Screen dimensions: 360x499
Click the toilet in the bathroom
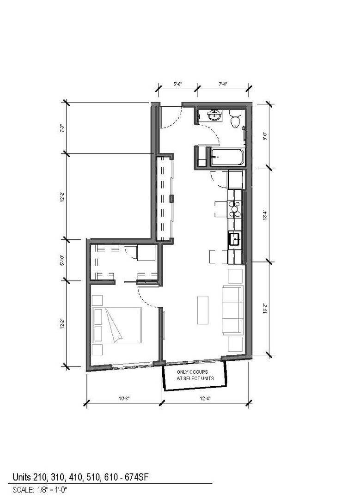pyautogui.click(x=235, y=119)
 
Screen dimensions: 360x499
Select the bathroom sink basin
pyautogui.click(x=215, y=116)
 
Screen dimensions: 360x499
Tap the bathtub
pyautogui.click(x=227, y=157)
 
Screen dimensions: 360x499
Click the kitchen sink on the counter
pyautogui.click(x=235, y=239)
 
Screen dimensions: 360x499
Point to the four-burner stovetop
pyautogui.click(x=235, y=209)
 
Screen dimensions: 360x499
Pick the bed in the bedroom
pyautogui.click(x=116, y=325)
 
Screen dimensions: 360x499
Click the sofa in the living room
pyautogui.click(x=232, y=310)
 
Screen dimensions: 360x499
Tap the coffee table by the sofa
pyautogui.click(x=203, y=310)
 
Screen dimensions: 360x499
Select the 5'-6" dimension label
pyautogui.click(x=177, y=84)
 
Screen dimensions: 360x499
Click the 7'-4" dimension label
pyautogui.click(x=223, y=84)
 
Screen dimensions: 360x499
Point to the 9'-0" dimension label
pyautogui.click(x=264, y=136)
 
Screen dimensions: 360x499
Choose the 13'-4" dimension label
pyautogui.click(x=264, y=215)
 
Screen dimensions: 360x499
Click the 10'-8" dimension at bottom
pyautogui.click(x=124, y=398)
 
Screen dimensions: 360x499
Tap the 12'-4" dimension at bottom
pyautogui.click(x=205, y=398)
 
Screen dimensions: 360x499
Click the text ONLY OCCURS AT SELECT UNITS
pyautogui.click(x=195, y=375)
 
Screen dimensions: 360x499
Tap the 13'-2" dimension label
pyautogui.click(x=264, y=309)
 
